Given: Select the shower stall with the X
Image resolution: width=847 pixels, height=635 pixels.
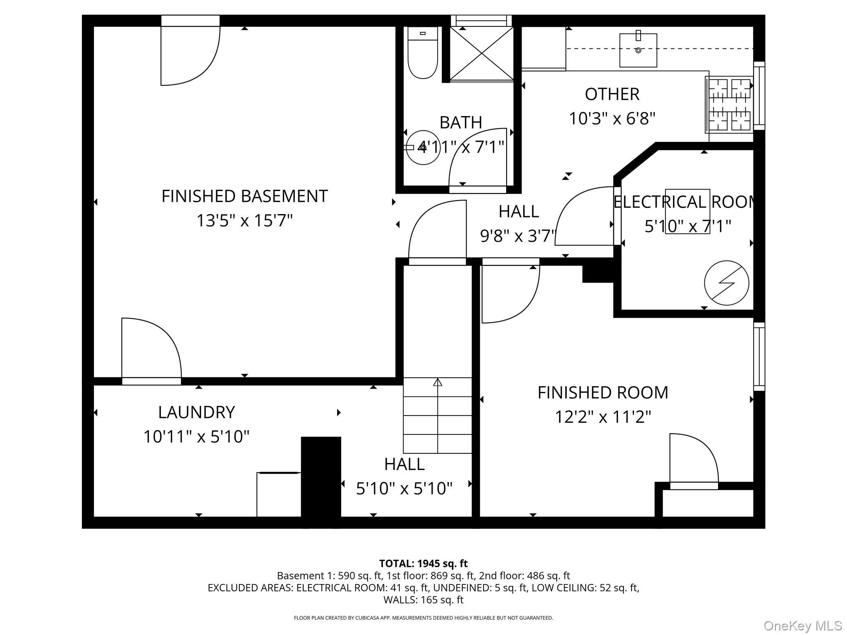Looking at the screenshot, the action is click(481, 54).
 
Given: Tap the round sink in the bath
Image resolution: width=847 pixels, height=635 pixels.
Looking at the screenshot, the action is click(422, 148).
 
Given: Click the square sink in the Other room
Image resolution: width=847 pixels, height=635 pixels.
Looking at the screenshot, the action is click(638, 50).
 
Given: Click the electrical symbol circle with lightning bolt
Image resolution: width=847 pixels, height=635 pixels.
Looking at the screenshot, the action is click(727, 283).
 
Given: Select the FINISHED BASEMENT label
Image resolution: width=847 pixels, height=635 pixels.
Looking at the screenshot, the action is click(244, 196).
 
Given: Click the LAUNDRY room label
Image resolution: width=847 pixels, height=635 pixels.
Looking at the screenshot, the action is click(196, 412).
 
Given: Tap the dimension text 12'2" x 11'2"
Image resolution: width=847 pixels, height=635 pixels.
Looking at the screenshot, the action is click(603, 417).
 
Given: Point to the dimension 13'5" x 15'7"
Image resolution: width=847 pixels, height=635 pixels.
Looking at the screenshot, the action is click(244, 220).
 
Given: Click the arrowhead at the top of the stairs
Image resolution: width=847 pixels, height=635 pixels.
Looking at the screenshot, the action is click(438, 382).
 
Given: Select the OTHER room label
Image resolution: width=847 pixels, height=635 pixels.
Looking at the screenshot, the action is click(612, 94).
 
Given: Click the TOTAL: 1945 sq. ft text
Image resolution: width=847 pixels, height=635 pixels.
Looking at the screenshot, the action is click(423, 563).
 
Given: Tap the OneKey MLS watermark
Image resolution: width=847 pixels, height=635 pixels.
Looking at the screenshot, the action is click(802, 626).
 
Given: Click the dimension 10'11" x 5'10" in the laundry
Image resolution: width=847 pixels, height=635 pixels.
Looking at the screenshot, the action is click(196, 437).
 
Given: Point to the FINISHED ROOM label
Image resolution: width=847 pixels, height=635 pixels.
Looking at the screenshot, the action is click(603, 392).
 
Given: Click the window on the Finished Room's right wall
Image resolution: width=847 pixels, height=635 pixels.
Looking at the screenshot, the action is click(759, 356).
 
